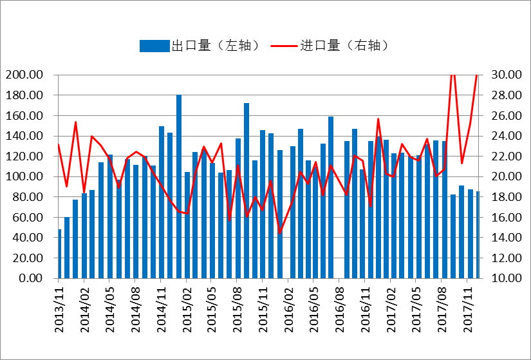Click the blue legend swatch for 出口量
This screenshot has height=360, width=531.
[x=154, y=46]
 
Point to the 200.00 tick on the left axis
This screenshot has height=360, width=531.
[x=24, y=75]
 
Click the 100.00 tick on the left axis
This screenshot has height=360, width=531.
[x=24, y=176]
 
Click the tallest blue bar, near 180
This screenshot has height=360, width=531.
[x=179, y=187]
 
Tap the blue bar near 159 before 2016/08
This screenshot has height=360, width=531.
[x=331, y=197]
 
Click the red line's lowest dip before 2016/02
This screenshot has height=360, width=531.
[x=280, y=232]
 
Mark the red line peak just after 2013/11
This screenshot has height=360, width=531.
[x=75, y=122]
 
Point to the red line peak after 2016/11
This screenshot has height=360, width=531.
[x=378, y=119]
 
